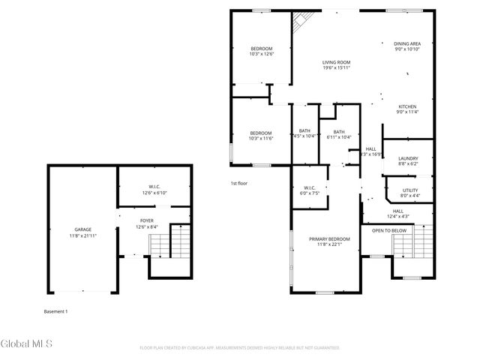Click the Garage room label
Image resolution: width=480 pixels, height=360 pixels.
pyautogui.click(x=82, y=229)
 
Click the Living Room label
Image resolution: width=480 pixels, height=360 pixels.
pyautogui.click(x=336, y=62)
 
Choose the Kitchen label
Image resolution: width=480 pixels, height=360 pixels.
pyautogui.click(x=407, y=106)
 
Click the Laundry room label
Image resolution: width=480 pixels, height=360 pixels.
pyautogui.click(x=408, y=158)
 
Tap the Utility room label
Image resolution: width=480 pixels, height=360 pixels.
pyautogui.click(x=409, y=190)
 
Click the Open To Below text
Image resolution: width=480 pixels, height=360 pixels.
pyautogui.click(x=389, y=230)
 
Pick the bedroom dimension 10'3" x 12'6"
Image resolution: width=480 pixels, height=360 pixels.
pyautogui.click(x=262, y=54)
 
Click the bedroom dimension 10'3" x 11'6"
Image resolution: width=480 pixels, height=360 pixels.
pyautogui.click(x=262, y=138)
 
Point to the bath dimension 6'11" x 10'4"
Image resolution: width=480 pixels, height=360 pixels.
pyautogui.click(x=339, y=137)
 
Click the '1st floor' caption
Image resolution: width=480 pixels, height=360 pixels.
pyautogui.click(x=238, y=183)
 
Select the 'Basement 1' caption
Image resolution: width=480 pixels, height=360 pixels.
pyautogui.click(x=55, y=310)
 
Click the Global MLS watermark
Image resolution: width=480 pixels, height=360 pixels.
pyautogui.click(x=25, y=344)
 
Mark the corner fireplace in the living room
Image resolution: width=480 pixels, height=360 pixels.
pyautogui.click(x=301, y=20)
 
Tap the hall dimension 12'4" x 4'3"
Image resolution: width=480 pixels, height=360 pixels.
pyautogui.click(x=397, y=217)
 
